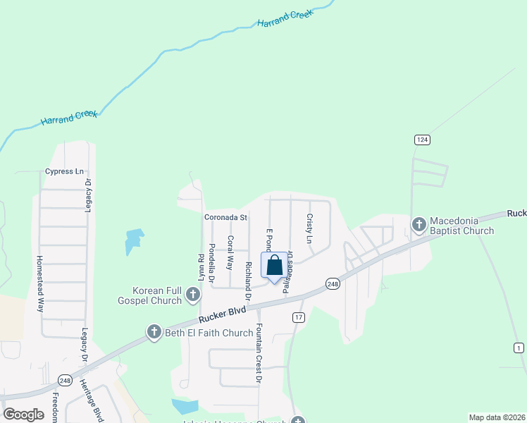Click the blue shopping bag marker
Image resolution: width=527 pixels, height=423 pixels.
275,266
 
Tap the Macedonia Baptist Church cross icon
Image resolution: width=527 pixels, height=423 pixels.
418,225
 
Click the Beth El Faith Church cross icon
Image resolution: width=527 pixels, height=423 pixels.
154,332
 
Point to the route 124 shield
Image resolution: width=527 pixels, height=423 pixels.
421,140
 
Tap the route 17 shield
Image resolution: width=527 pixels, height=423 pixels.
299,317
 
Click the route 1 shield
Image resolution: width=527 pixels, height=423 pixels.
519,348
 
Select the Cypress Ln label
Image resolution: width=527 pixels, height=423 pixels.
64,171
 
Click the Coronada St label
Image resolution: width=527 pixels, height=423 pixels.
225,218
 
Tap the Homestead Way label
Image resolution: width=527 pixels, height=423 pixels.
41,284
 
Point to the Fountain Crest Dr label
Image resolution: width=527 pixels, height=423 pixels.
259,354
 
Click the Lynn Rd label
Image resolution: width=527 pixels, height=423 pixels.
201,268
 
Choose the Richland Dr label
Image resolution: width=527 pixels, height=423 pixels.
248,278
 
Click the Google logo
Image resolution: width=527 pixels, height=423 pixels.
24,415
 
